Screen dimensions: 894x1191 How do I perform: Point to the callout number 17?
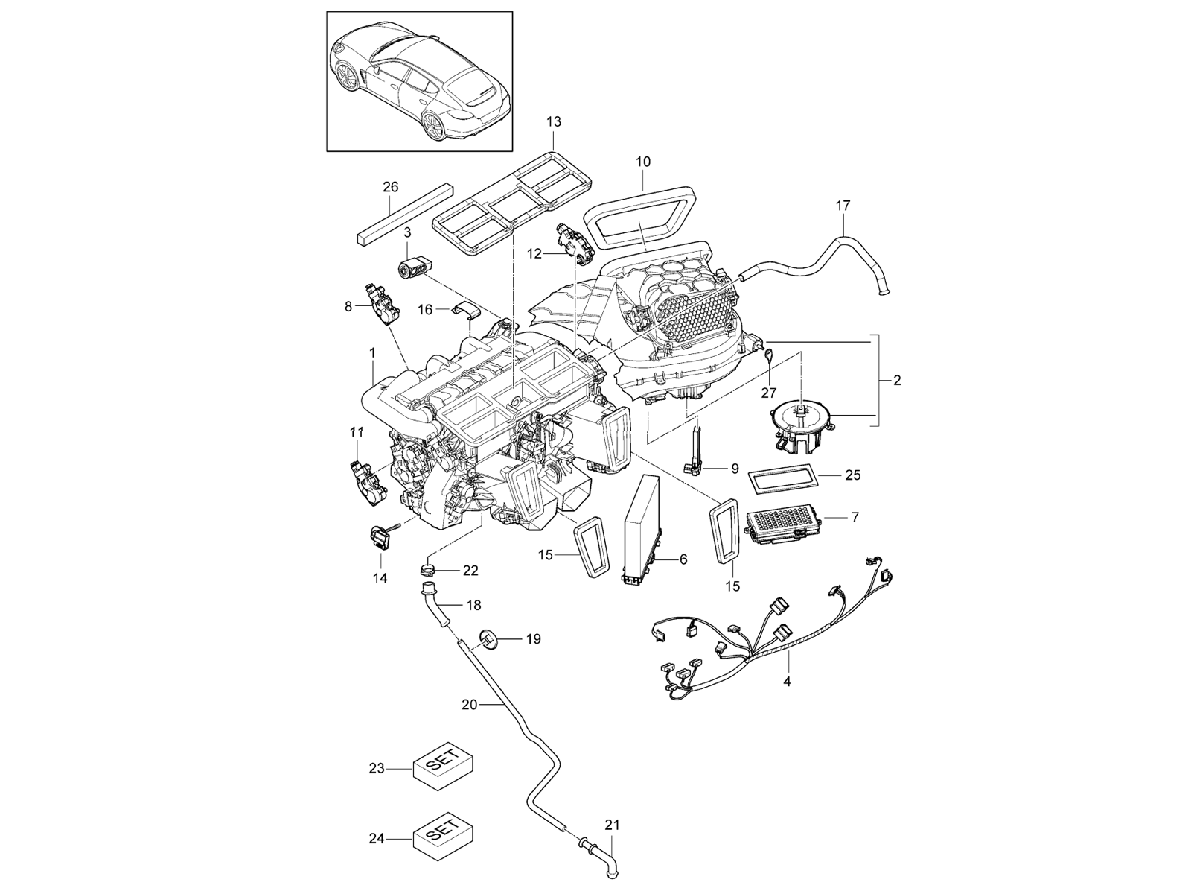click(843, 205)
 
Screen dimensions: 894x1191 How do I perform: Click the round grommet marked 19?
click(488, 638)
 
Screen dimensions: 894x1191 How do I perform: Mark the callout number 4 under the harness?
click(786, 680)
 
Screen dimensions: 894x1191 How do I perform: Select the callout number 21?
click(611, 825)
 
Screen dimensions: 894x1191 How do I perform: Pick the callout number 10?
click(643, 161)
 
